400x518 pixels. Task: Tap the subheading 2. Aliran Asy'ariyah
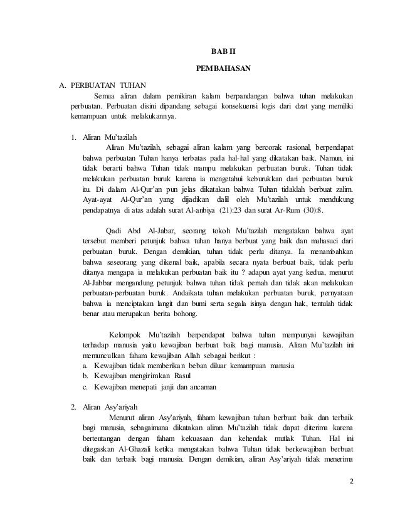105,405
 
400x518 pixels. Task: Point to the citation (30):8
313,210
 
